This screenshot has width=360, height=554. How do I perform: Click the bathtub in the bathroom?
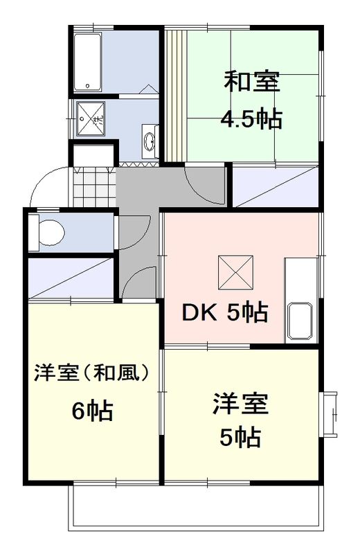(x=87, y=60)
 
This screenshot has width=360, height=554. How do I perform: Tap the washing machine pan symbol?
(x=90, y=118)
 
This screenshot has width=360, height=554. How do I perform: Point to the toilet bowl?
(x=50, y=231)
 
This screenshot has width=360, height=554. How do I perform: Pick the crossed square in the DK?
(x=235, y=271)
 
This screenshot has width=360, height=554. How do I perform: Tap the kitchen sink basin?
(x=300, y=321)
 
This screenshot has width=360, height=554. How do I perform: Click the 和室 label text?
(x=251, y=82)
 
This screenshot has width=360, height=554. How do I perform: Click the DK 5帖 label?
(x=224, y=313)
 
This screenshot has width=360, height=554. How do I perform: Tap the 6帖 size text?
(x=92, y=411)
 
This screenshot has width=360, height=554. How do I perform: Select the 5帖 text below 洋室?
(x=240, y=438)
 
